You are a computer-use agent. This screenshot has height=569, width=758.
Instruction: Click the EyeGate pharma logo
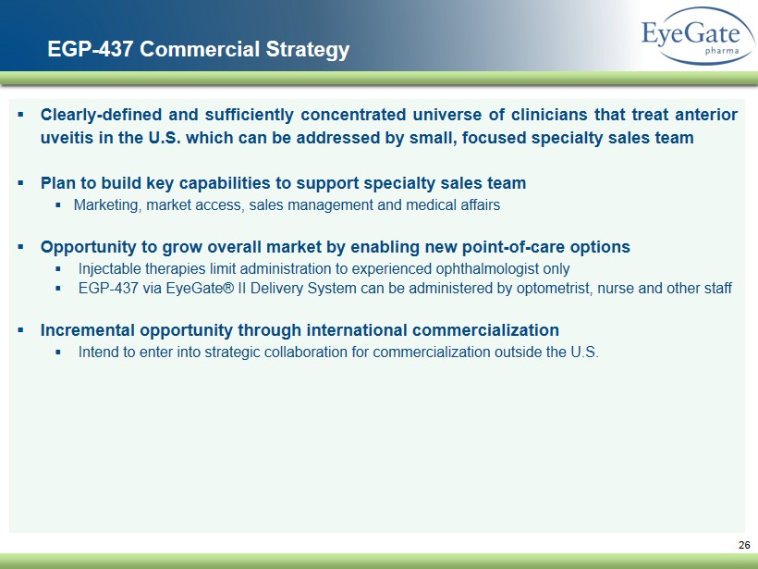[698, 36]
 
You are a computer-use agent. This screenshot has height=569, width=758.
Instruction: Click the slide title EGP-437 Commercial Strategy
[198, 49]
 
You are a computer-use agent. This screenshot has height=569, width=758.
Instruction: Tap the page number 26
[744, 545]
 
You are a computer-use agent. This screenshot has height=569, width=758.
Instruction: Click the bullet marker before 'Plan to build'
[20, 183]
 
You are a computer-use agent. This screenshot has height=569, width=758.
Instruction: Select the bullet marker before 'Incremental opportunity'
[20, 330]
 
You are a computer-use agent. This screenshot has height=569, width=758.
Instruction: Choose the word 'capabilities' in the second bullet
[226, 184]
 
